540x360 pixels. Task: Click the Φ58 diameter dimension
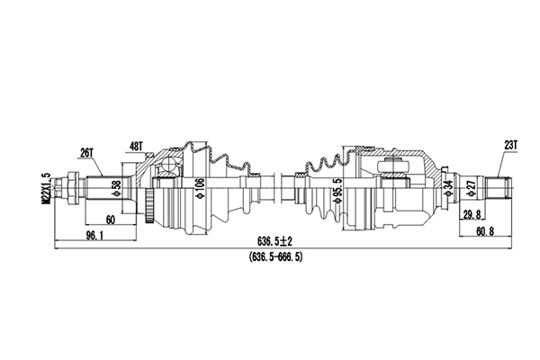coord(115,188)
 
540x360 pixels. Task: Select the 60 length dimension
coord(110,220)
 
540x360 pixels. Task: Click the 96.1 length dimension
coord(94,236)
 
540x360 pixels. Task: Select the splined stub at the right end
coord(498,189)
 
